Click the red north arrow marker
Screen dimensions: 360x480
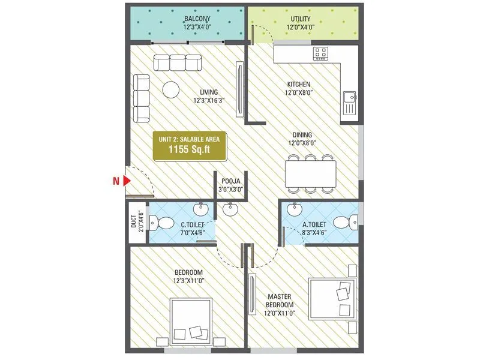pos(127,180)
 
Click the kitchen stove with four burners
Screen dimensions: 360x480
pos(320,54)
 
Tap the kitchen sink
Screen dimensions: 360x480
pos(349,103)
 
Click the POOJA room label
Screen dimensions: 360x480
pos(231,181)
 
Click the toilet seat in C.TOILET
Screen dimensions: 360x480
pos(154,224)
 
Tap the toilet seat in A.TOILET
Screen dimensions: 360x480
pos(344,223)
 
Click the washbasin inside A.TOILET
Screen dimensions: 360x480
pos(294,211)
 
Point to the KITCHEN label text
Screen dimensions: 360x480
pos(298,85)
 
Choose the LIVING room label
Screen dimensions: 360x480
pos(205,92)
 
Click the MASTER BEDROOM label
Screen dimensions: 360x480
pos(280,300)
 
